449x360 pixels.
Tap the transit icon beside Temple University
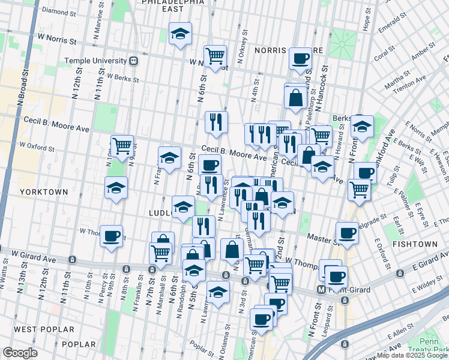pos(133,61)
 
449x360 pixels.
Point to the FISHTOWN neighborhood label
pos(413,245)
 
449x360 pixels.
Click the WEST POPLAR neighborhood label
pos(44,329)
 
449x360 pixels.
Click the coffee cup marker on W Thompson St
pos(111,235)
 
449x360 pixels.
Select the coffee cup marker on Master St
pos(346,232)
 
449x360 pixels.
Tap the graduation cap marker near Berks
pos(362,125)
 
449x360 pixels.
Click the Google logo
pos(20,353)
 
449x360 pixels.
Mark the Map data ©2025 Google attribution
pos(411,355)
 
